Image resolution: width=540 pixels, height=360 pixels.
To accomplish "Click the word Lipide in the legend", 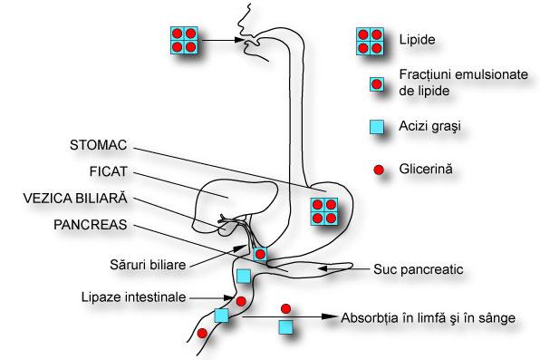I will (415, 42).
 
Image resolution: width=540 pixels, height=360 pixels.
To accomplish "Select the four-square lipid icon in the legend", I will (367, 42).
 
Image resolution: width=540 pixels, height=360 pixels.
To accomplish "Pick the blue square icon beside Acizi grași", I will (367, 127).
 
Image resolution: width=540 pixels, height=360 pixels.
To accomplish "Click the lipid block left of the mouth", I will (184, 41).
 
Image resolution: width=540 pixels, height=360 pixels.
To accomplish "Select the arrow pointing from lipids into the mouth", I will (224, 41).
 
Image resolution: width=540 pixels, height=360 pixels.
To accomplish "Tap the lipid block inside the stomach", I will (323, 210).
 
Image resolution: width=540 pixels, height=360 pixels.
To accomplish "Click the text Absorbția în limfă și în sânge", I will (428, 318).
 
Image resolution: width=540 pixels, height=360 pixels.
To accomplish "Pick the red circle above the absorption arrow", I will (286, 308).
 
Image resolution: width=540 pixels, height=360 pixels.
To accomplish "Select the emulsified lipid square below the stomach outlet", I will (260, 255).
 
